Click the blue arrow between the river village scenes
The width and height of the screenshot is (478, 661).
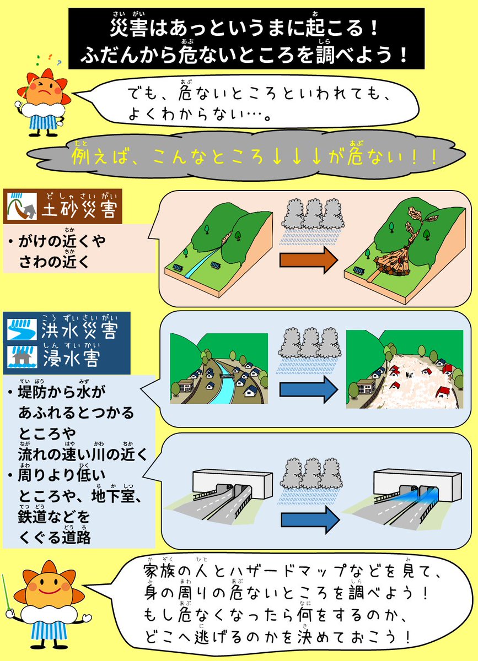point(309,390)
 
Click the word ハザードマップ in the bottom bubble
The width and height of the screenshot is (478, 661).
point(283,571)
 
